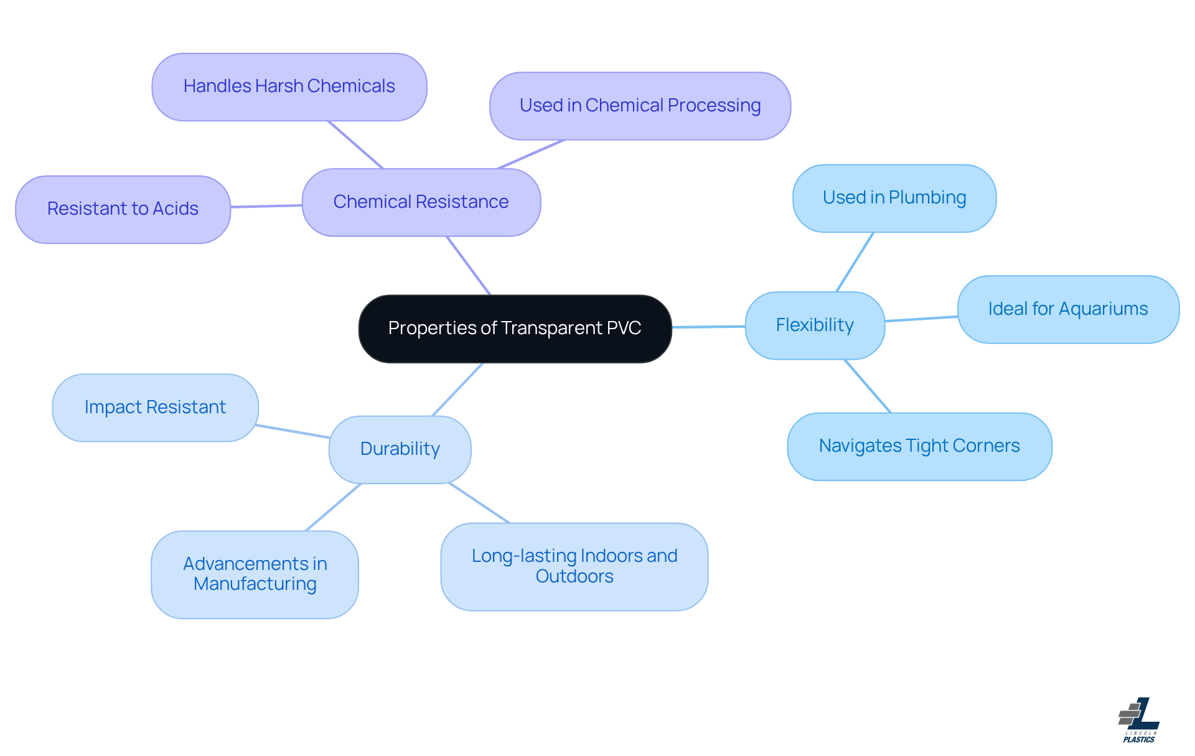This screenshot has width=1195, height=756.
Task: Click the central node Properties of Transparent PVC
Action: pyautogui.click(x=515, y=329)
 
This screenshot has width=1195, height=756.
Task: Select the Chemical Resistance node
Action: pyautogui.click(x=421, y=202)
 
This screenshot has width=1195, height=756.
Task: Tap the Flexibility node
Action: pyautogui.click(x=814, y=325)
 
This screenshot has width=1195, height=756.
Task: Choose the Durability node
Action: pyautogui.click(x=400, y=449)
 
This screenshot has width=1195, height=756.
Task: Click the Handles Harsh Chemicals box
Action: pyautogui.click(x=289, y=86)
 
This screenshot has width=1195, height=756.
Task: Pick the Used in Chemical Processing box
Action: pyautogui.click(x=640, y=106)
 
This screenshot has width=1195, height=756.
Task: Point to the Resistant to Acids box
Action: pyautogui.click(x=123, y=209)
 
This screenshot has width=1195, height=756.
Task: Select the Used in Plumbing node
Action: pyautogui.click(x=894, y=198)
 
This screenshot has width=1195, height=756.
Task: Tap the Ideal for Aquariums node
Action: pyautogui.click(x=1067, y=309)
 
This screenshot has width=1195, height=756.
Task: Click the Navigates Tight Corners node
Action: pyautogui.click(x=919, y=446)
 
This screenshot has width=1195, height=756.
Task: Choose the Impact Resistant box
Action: pyautogui.click(x=155, y=408)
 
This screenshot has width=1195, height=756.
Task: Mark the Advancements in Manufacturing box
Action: pyautogui.click(x=255, y=574)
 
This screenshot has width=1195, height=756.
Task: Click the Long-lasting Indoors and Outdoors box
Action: pyautogui.click(x=574, y=566)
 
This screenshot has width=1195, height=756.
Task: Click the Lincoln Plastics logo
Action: pyautogui.click(x=1139, y=720)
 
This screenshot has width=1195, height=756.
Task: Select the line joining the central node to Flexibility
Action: pyautogui.click(x=708, y=327)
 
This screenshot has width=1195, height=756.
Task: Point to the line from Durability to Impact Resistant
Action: pyautogui.click(x=293, y=431)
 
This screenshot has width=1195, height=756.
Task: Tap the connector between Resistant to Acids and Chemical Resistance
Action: pyautogui.click(x=266, y=206)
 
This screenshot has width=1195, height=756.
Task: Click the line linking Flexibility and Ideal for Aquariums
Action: pyautogui.click(x=921, y=319)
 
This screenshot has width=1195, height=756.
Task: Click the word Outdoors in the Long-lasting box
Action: pyautogui.click(x=574, y=577)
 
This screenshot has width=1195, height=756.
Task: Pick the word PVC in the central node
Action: pyautogui.click(x=625, y=329)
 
